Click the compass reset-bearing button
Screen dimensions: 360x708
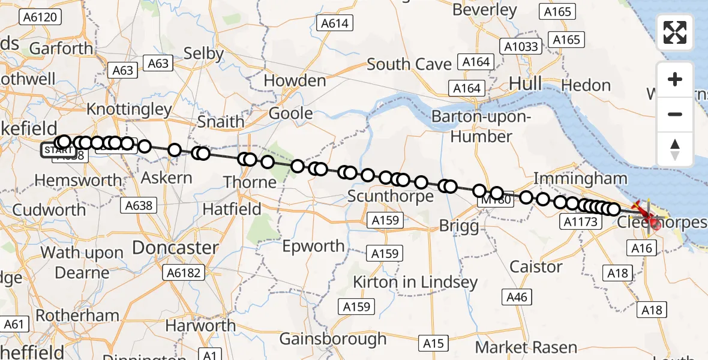tap(675, 149)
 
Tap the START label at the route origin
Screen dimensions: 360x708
tap(58, 149)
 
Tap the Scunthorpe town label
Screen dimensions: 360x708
tap(390, 196)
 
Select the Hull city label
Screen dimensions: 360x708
tap(525, 83)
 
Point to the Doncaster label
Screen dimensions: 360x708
tap(175, 247)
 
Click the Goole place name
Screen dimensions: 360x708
tap(290, 113)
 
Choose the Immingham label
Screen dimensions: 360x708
tap(580, 178)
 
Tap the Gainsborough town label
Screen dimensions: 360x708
tap(333, 338)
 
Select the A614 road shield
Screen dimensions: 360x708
tap(334, 23)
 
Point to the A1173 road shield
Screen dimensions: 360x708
tap(581, 222)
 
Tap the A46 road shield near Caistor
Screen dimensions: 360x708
tap(517, 296)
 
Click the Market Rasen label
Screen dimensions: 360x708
tap(526, 347)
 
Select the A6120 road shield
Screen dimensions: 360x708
tap(41, 17)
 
